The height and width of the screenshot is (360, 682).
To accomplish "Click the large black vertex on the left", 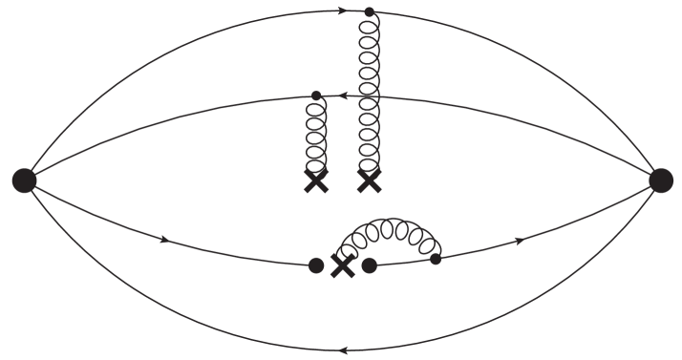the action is point(24,179).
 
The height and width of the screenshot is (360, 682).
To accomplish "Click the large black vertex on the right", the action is point(661,179).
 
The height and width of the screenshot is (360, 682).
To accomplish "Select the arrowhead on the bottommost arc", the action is point(342,349).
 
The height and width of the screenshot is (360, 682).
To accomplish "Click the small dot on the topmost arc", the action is point(370,12).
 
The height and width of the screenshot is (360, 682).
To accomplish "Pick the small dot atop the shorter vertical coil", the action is point(316,95).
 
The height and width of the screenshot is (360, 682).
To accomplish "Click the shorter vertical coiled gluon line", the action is point(316,134).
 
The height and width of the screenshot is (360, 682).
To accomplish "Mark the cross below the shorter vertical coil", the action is point(316,181).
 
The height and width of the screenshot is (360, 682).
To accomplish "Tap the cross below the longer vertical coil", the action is point(369,180).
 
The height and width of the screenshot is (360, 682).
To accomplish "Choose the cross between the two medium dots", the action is point(342,266).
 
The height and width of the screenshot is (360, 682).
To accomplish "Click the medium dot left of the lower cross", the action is point(317,266).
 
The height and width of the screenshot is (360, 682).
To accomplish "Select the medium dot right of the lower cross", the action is point(370,266).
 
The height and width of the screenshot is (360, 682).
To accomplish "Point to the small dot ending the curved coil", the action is point(436,259).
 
